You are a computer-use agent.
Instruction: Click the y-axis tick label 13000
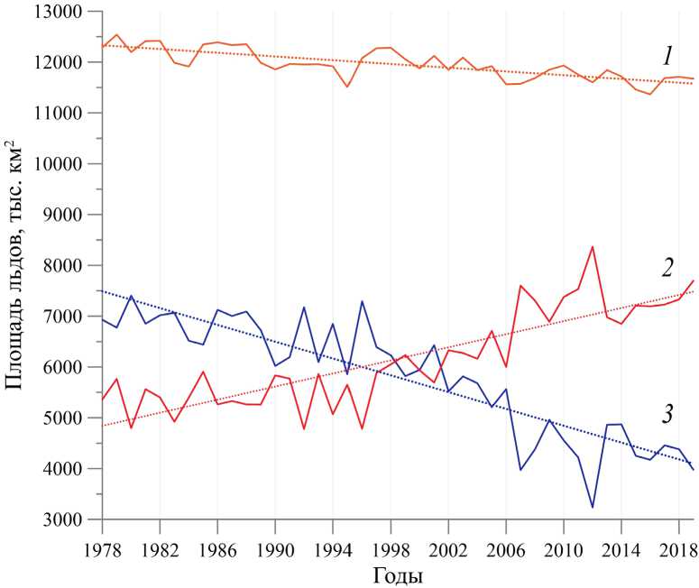(x=59, y=13)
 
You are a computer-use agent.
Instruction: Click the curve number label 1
(x=667, y=57)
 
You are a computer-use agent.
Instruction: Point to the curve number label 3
(x=667, y=416)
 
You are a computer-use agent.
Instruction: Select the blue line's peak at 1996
(x=362, y=301)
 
